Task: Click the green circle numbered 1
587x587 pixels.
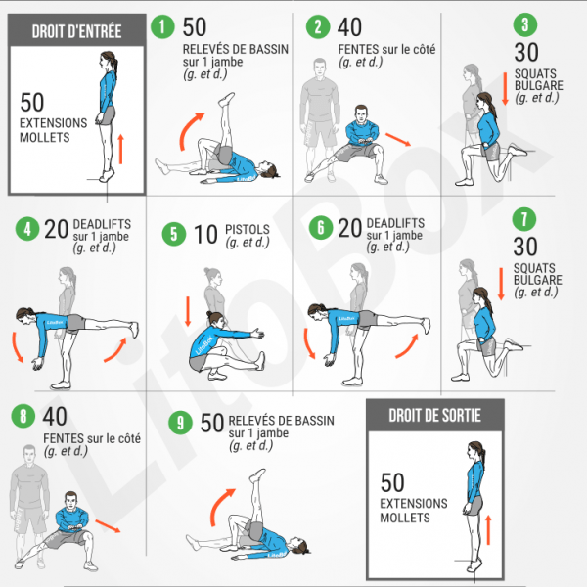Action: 162,26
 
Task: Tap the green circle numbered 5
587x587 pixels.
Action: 174,234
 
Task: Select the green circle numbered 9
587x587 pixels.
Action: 180,423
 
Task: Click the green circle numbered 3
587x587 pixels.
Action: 525,24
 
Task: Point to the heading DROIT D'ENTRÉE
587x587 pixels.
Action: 76,31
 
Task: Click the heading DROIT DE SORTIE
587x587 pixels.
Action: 434,415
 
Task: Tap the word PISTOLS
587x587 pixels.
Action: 248,229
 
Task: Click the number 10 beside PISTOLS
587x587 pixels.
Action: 205,235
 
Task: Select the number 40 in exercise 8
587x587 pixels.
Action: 55,417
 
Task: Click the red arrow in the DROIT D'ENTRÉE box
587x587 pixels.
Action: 120,149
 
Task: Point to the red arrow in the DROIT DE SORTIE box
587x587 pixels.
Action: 488,530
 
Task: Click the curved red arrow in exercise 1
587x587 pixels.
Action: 190,130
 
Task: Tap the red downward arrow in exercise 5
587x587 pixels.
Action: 188,311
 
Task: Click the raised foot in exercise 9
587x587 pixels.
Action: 257,475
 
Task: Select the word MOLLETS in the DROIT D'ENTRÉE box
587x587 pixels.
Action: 45,137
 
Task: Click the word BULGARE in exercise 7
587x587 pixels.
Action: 537,280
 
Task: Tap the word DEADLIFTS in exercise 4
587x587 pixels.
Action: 102,224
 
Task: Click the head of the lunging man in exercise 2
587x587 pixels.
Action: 361,113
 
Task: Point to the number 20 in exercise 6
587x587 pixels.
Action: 349,228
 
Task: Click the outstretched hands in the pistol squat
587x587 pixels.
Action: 258,333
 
